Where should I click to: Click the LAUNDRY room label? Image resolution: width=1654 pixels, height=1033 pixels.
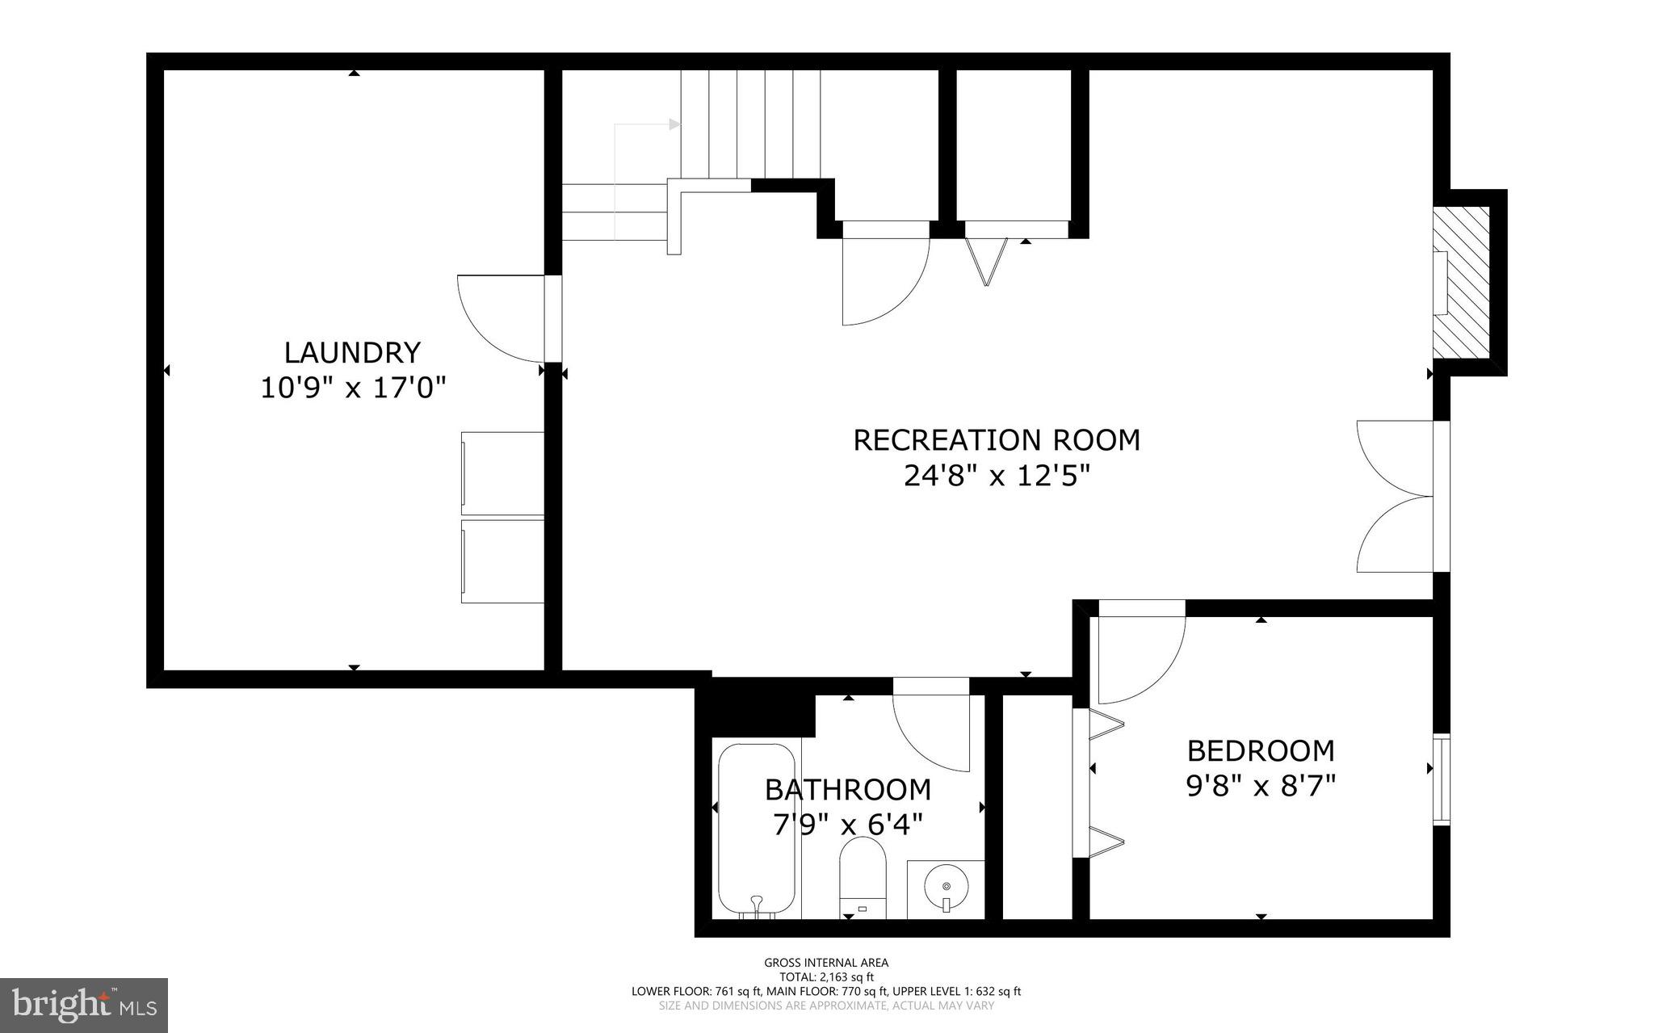[x=352, y=353]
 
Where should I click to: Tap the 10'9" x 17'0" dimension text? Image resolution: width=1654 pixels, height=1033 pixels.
[x=353, y=388]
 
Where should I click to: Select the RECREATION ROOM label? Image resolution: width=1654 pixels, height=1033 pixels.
[x=997, y=440]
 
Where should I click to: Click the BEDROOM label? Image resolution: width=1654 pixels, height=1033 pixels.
[x=1260, y=751]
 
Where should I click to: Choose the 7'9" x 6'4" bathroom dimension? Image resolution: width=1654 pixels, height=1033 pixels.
[x=847, y=825]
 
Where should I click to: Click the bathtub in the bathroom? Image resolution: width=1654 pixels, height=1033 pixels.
[x=757, y=828]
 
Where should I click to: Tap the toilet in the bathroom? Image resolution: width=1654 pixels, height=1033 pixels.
[x=863, y=876]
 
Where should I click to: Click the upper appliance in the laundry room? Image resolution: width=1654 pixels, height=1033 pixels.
[x=502, y=473]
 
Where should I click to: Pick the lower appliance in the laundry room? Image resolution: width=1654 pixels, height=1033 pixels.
[x=502, y=561]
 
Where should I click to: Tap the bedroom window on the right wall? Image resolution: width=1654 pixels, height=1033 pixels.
[x=1441, y=779]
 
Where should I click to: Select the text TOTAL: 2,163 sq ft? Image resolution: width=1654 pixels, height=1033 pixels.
[x=826, y=976]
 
